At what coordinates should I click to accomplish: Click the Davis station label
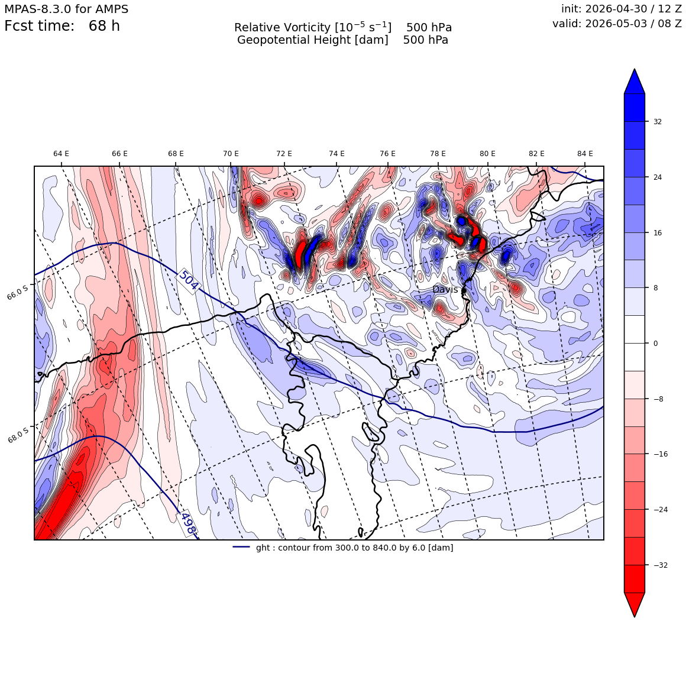[445, 290]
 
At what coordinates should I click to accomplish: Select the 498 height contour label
[187, 523]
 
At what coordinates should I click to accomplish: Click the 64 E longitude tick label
[62, 154]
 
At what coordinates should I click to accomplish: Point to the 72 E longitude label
[284, 154]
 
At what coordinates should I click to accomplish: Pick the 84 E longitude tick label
[585, 154]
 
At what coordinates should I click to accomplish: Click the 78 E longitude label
[438, 154]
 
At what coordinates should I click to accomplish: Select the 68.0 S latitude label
[18, 435]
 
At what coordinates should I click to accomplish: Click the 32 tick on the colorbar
[658, 122]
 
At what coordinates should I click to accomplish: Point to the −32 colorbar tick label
[659, 565]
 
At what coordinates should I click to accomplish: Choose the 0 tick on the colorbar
[655, 344]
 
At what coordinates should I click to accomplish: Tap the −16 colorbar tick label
[659, 454]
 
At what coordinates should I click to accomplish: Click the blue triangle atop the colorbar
[635, 82]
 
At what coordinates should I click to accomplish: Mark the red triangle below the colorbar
[635, 604]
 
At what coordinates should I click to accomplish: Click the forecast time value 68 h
[104, 26]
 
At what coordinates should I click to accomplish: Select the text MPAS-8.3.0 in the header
[38, 9]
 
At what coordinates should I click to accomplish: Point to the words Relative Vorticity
[282, 28]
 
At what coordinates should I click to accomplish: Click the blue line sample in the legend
[241, 547]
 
